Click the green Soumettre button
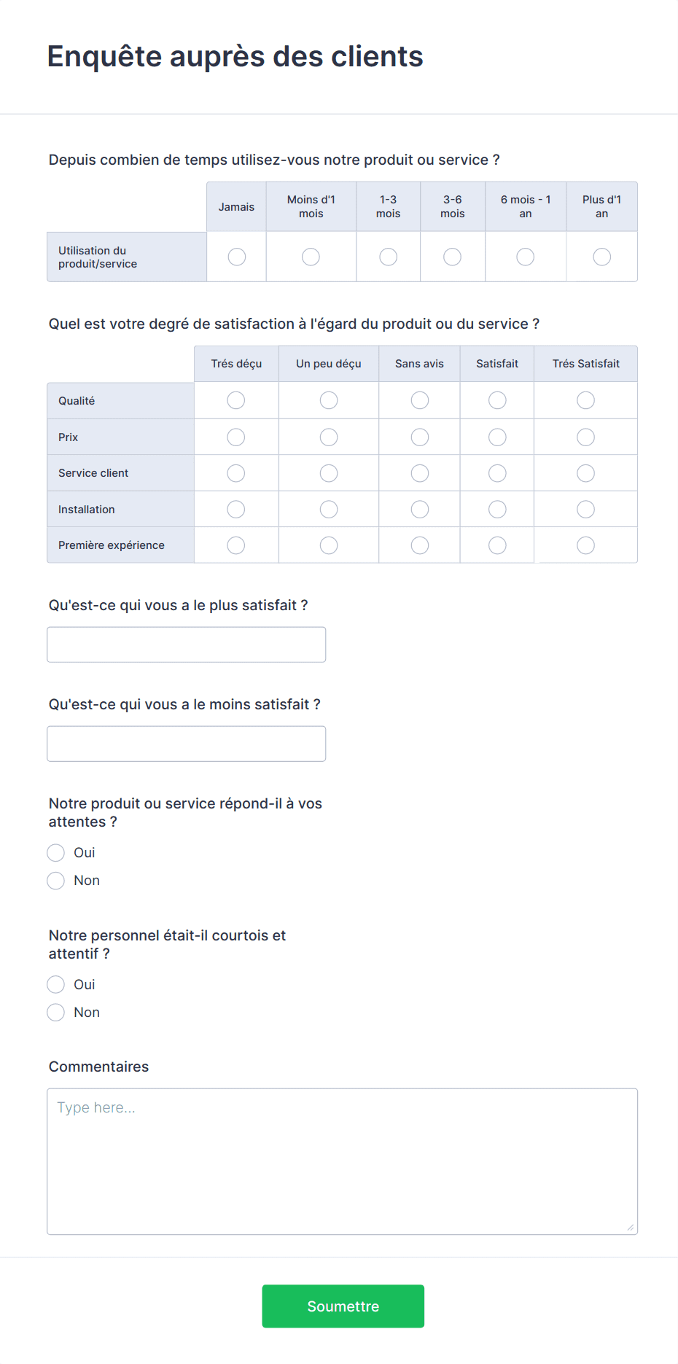(x=343, y=1306)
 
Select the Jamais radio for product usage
(x=237, y=257)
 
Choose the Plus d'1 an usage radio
(x=601, y=257)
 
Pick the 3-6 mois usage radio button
(x=452, y=257)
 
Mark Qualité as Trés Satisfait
(x=585, y=400)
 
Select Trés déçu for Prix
(x=236, y=437)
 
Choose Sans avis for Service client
(x=420, y=473)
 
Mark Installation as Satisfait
(x=497, y=509)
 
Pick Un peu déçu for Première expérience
(x=329, y=545)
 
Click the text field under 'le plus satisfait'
(x=186, y=644)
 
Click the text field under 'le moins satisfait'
(x=186, y=744)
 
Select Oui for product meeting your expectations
(x=56, y=853)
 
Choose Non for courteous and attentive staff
(x=56, y=1013)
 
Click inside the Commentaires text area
(x=342, y=1161)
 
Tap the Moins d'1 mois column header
(x=311, y=206)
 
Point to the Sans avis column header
(x=419, y=364)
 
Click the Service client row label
(x=93, y=473)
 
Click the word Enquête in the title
(x=104, y=57)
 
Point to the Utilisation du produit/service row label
(x=98, y=257)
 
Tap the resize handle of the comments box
(x=631, y=1228)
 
